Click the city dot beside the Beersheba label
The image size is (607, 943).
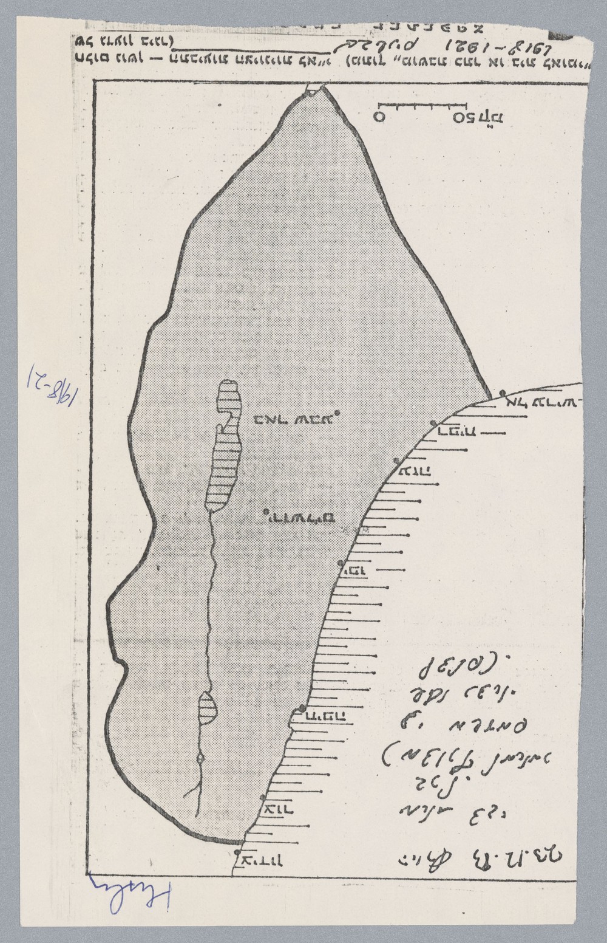point(337,413)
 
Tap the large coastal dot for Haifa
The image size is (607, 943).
point(302,708)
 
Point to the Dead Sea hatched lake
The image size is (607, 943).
point(223,447)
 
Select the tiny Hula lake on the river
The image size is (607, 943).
point(200,758)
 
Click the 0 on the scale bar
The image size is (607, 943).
point(379,117)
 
